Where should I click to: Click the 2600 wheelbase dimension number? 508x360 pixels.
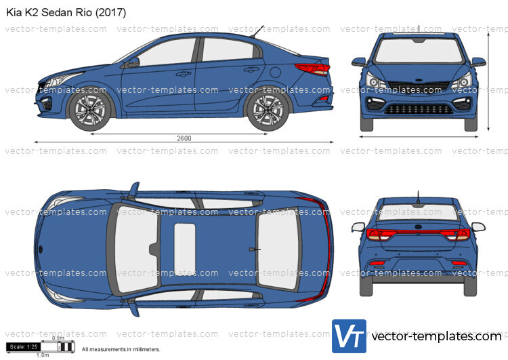184,138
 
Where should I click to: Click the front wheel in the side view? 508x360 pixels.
90,110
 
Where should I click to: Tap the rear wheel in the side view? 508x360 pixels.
268,110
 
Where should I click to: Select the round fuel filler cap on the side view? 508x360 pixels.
275,72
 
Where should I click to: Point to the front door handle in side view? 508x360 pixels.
183,75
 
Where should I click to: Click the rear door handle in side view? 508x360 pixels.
251,69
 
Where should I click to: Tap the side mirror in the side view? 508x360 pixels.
133,62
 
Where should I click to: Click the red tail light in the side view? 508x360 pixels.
313,69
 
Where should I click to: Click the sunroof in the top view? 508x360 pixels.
185,249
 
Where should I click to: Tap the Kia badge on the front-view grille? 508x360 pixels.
419,80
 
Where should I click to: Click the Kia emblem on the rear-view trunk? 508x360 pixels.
419,227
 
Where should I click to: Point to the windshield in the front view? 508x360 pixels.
419,51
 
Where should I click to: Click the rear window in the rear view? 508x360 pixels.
419,212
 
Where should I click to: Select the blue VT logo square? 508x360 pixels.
349,336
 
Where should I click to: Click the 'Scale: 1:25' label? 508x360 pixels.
24,346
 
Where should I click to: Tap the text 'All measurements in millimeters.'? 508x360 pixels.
121,349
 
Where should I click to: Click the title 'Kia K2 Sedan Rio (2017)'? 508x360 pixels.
66,12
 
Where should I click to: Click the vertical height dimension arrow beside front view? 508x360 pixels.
488,82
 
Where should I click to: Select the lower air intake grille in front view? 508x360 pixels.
419,109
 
